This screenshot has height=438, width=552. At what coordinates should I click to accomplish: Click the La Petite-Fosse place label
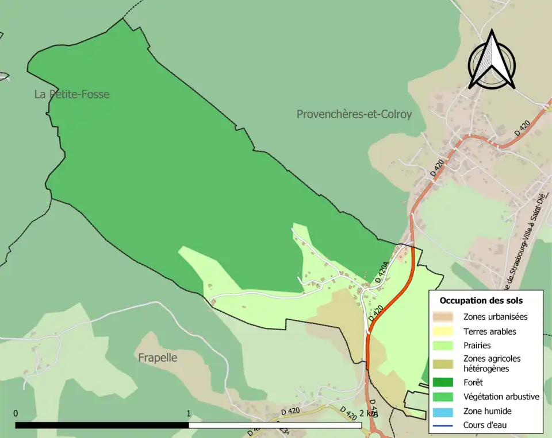[72, 94]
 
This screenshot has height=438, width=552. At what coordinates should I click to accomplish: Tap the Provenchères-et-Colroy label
[354, 114]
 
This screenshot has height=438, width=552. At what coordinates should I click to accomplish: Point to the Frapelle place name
[158, 358]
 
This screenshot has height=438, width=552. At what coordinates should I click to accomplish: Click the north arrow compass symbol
[491, 60]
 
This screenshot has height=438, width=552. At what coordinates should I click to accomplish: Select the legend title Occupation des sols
[481, 300]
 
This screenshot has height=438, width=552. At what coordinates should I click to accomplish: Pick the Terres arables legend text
[489, 331]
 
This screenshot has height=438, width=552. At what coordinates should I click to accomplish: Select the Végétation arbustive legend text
[501, 397]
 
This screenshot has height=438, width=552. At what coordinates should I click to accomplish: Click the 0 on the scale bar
[16, 413]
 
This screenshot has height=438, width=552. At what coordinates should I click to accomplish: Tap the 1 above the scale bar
[189, 413]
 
